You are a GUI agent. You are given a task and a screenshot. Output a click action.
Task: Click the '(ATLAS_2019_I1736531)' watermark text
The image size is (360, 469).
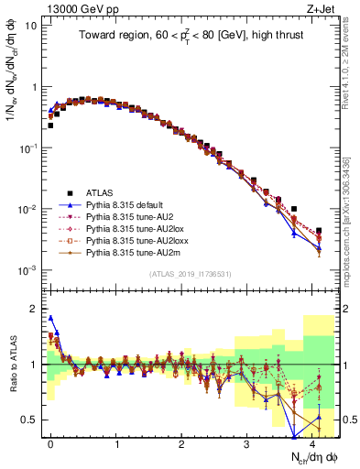pos(182,275)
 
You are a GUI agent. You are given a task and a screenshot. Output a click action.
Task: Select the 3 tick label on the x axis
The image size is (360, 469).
pos(246,442)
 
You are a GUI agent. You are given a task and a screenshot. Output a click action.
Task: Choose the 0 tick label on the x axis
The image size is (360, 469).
pos(50,442)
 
